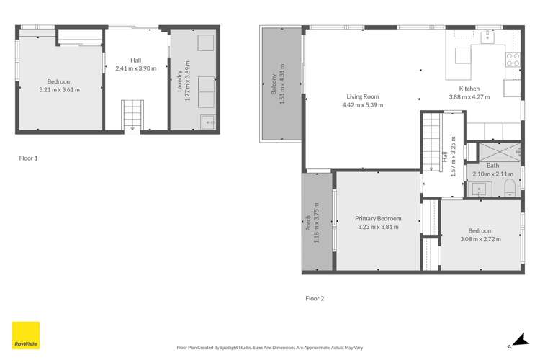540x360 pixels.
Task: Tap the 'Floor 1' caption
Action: click(30, 156)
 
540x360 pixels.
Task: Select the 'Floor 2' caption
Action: click(315, 298)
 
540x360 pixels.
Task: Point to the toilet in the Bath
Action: click(508, 189)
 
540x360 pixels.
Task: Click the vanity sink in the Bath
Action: click(479, 189)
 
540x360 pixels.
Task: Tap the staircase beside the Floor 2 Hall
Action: click(430, 141)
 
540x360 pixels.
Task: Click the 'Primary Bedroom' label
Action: click(378, 218)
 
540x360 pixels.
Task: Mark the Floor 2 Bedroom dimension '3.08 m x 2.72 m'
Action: click(481, 240)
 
